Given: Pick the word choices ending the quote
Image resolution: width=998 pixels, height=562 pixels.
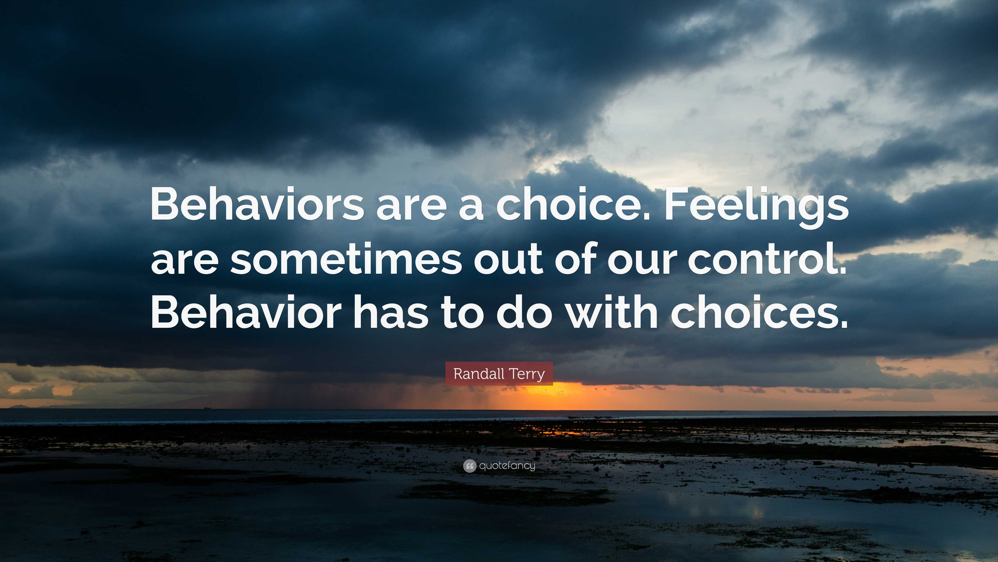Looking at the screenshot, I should point(760,312).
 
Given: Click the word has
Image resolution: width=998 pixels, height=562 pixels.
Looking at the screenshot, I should point(392,312).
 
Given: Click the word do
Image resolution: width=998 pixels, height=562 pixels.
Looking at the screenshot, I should point(524,312).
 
